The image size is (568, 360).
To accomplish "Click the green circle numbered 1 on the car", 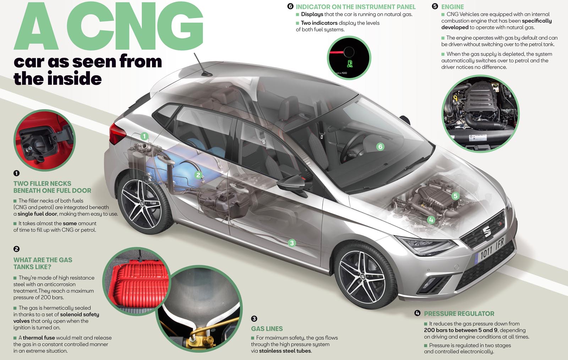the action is pyautogui.click(x=144, y=136).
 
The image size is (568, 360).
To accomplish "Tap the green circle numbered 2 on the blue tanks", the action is pyautogui.click(x=198, y=175).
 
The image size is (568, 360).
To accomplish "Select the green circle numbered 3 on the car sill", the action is pyautogui.click(x=292, y=243).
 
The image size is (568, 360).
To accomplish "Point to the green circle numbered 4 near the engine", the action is pyautogui.click(x=431, y=220).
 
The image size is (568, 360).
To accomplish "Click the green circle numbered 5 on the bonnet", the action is pyautogui.click(x=455, y=196).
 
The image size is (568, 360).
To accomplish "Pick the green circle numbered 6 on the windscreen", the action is pyautogui.click(x=380, y=147).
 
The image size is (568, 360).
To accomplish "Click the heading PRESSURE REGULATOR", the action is pyautogui.click(x=459, y=313).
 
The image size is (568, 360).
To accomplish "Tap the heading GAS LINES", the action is pyautogui.click(x=267, y=328).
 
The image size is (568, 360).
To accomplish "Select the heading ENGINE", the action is pyautogui.click(x=452, y=7).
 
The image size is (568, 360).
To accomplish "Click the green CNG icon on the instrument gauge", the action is pyautogui.click(x=350, y=64).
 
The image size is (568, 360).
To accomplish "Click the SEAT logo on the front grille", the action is pyautogui.click(x=487, y=231).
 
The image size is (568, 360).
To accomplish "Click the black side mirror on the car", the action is pyautogui.click(x=291, y=184).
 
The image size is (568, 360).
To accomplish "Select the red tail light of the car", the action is pyautogui.click(x=117, y=134).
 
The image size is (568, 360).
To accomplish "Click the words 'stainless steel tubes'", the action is pyautogui.click(x=285, y=351).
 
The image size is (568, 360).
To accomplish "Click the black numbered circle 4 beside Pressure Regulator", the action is pyautogui.click(x=417, y=313).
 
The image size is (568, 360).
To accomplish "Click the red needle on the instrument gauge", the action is pyautogui.click(x=337, y=53).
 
